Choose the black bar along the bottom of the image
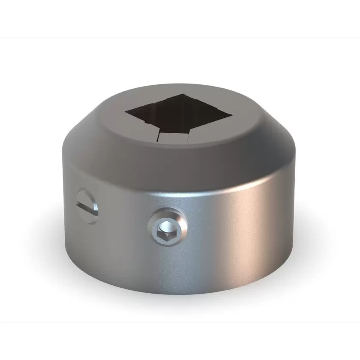point(180,341)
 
